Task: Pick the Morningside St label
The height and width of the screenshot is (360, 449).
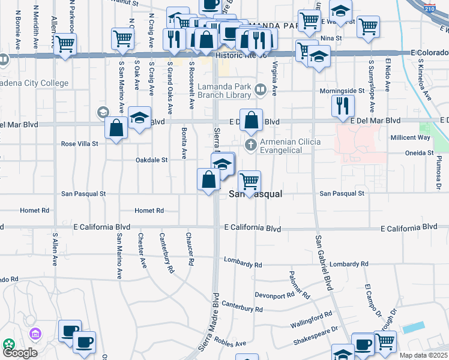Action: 342,91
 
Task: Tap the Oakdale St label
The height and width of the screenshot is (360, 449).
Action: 151,160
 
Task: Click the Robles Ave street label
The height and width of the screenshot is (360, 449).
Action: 232,344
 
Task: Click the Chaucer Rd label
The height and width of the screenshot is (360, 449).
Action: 190,249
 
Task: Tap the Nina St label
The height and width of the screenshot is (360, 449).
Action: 331,38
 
